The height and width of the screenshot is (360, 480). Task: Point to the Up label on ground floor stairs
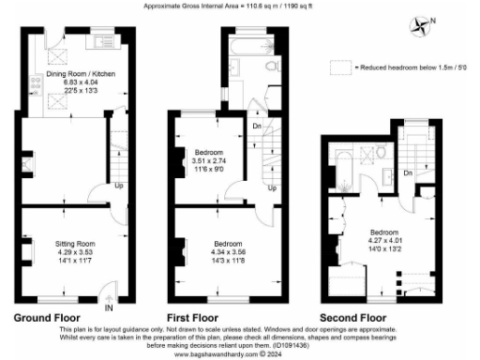pyautogui.click(x=117, y=185)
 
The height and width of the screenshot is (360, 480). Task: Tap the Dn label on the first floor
pyautogui.click(x=256, y=126)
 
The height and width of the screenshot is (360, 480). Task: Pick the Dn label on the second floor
pyautogui.click(x=408, y=173)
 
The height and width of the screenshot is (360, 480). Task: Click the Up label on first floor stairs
pyautogui.click(x=270, y=187)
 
